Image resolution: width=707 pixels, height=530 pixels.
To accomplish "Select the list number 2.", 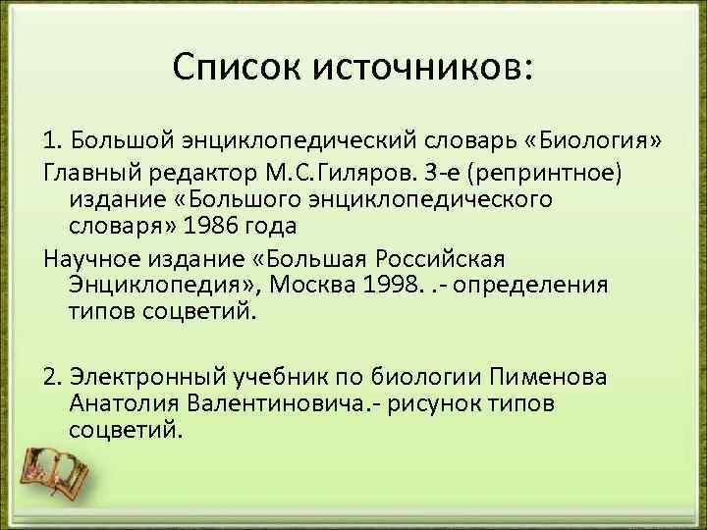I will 53,378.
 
